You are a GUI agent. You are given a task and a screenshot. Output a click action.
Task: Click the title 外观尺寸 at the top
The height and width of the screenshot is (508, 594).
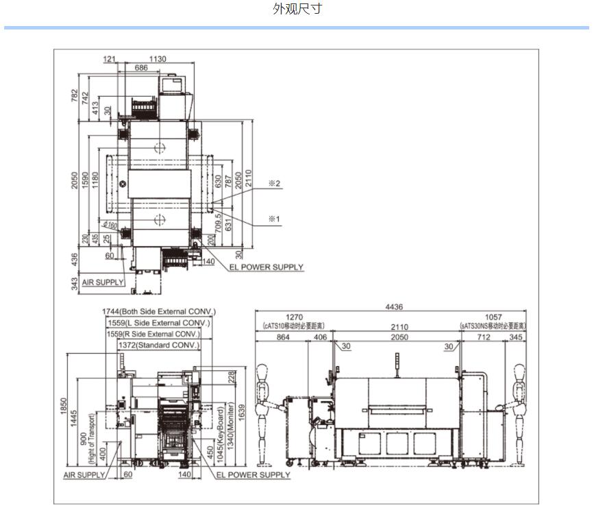coord(297,9)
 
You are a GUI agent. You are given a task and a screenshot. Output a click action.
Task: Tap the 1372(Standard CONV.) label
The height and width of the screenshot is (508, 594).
coord(159,345)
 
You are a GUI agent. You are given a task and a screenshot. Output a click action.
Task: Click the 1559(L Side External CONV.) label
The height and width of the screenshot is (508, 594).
coord(159,323)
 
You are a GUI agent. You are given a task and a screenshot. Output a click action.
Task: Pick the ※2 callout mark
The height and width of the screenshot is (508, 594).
coord(275,183)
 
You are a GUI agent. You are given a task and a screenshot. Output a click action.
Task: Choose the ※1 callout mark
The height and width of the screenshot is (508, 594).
coord(275,219)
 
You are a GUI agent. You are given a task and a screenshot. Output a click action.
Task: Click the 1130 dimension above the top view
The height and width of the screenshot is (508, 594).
coord(157,59)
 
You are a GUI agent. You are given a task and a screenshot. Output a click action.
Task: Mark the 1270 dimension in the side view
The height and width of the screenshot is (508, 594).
coord(294,317)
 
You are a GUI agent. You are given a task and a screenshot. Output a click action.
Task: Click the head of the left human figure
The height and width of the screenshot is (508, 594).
coord(262,372)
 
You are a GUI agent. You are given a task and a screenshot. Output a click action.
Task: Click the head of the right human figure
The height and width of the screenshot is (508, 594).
coord(519,372)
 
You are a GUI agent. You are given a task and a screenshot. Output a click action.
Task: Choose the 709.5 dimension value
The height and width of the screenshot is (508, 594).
coord(219,224)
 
